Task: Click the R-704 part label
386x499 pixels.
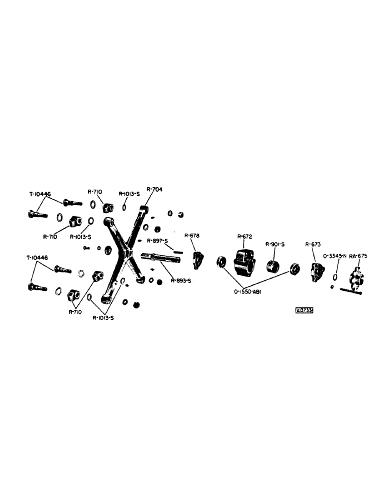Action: pyautogui.click(x=154, y=190)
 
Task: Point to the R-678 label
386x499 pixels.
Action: pyautogui.click(x=192, y=236)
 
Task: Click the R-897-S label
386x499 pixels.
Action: pyautogui.click(x=159, y=241)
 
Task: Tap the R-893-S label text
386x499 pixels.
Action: pyautogui.click(x=180, y=280)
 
